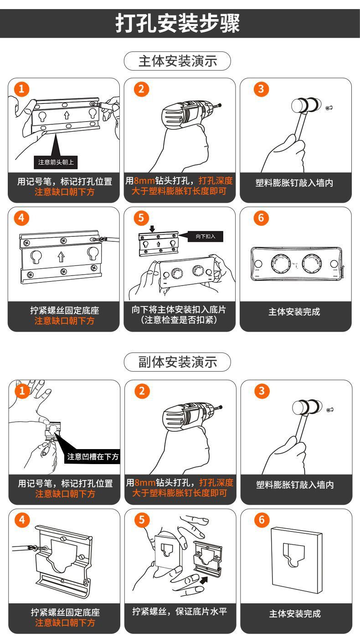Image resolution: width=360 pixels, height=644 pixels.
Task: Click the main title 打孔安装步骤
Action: [x=178, y=23]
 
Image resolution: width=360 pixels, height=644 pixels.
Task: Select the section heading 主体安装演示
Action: [x=178, y=61]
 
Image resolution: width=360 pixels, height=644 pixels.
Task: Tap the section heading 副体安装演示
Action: [x=178, y=362]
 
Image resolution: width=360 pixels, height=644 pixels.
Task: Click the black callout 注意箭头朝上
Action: [x=56, y=162]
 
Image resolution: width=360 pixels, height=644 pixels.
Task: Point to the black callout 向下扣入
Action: [x=205, y=236]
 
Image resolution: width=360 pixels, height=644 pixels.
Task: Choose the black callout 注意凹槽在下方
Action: [x=93, y=456]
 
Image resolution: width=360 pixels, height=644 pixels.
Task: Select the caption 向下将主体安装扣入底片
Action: [x=179, y=309]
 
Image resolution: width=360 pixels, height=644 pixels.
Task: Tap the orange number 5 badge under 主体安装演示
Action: [x=141, y=218]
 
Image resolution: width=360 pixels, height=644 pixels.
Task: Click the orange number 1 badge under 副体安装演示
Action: [x=22, y=391]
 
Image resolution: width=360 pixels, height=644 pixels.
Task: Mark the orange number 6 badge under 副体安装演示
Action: [x=262, y=520]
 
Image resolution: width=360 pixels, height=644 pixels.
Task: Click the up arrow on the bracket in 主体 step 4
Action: [x=61, y=256]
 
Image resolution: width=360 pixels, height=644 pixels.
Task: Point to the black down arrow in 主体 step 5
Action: [x=152, y=229]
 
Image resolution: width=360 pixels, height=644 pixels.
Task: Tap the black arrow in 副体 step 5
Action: [x=204, y=580]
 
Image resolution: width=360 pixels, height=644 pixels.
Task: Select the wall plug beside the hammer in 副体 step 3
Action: [x=330, y=410]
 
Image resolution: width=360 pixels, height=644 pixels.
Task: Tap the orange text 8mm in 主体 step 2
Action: [x=144, y=180]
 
